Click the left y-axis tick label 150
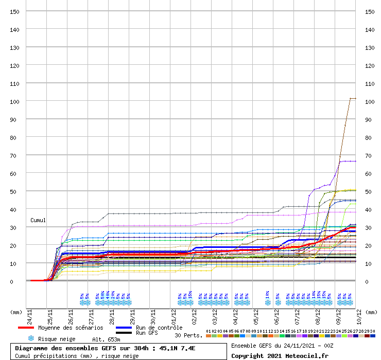coord(14,11)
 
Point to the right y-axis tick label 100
coord(369,101)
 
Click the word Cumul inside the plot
coord(38,220)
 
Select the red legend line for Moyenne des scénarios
coord(26,328)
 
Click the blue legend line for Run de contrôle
coord(124,328)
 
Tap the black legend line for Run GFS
coord(124,333)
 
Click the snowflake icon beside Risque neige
coord(31,339)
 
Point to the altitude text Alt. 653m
coord(106,339)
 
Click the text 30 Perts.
coord(188,336)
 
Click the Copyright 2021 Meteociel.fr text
coord(280,355)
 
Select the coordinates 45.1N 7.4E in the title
coord(169,348)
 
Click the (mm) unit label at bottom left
coord(16,312)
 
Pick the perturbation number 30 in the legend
coord(372,331)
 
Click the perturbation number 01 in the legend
coord(209,331)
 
